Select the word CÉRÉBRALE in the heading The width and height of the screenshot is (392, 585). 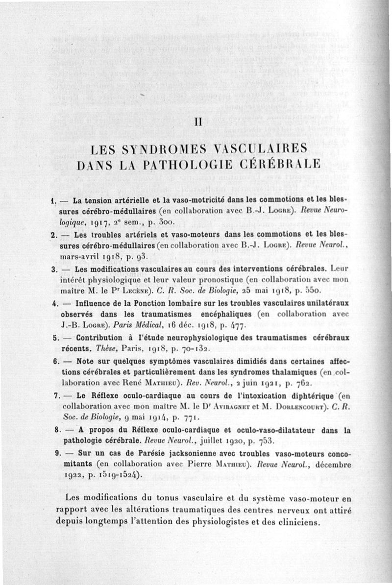point(277,164)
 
